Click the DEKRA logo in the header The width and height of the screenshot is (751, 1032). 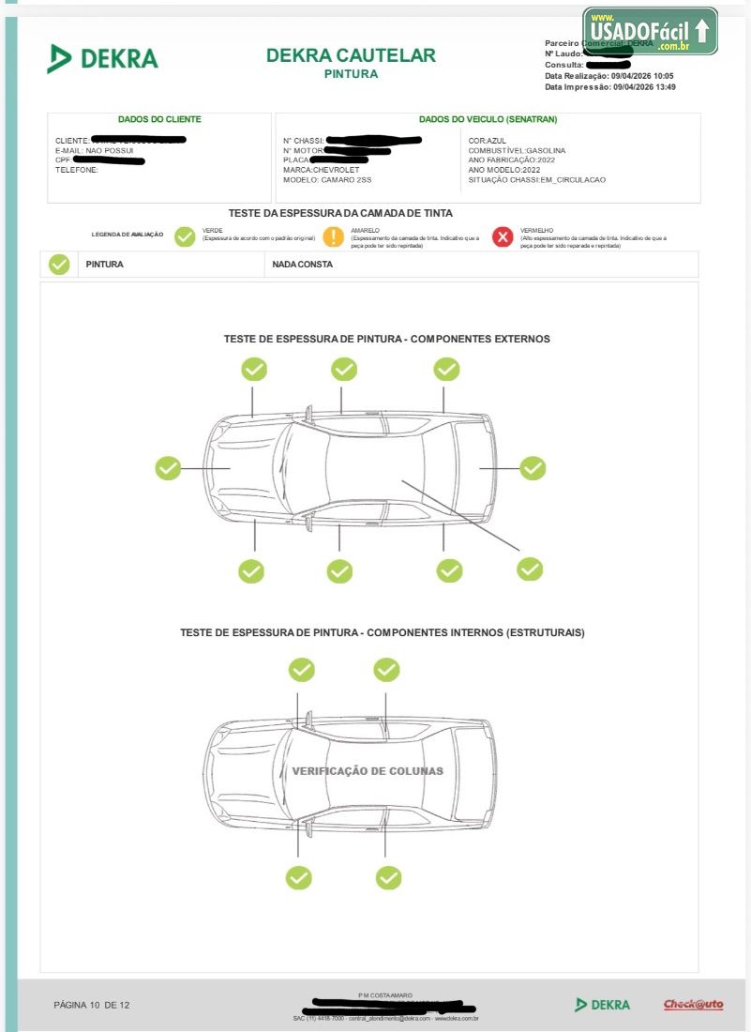[x=103, y=58]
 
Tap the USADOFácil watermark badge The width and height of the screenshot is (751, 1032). [x=650, y=32]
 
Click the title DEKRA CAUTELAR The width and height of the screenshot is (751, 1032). [x=351, y=55]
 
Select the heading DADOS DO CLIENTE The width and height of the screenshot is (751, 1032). [x=159, y=119]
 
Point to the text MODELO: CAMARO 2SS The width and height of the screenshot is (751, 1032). [x=327, y=179]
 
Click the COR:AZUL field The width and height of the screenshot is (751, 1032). [x=488, y=141]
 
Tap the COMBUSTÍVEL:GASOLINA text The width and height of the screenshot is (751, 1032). [x=517, y=150]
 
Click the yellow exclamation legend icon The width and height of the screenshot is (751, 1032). [x=334, y=237]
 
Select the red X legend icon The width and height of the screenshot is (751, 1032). [x=503, y=237]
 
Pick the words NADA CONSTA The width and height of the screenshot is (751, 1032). [x=302, y=265]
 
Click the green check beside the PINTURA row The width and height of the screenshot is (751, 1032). [x=59, y=265]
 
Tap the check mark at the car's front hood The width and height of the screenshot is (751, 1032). [x=168, y=467]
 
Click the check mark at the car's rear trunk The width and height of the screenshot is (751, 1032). [x=533, y=467]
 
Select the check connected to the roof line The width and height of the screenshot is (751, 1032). [x=530, y=569]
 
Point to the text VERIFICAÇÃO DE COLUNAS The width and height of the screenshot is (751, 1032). [x=368, y=771]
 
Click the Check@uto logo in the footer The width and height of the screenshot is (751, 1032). [x=694, y=1005]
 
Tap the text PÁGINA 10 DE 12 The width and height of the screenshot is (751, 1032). [x=92, y=1005]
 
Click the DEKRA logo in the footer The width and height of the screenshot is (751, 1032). [x=603, y=1005]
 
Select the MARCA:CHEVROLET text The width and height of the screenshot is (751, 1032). [x=321, y=170]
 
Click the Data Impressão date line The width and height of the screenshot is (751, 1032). [x=610, y=87]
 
